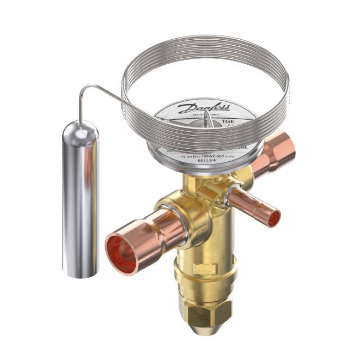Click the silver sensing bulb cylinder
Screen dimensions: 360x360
point(80,202)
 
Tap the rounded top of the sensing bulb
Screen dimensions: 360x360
point(80,127)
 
